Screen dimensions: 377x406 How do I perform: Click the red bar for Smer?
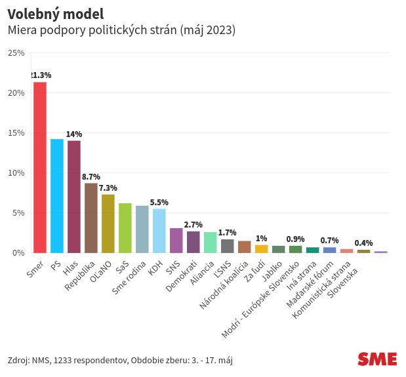click(40, 167)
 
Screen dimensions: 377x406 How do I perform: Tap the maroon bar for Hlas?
click(74, 197)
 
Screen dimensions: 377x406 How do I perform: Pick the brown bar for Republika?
click(91, 218)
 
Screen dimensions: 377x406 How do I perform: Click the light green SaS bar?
click(125, 228)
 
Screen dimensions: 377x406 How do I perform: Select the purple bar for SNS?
click(176, 240)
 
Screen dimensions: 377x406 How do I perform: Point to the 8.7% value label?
click(91, 177)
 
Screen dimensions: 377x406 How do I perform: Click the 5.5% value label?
click(159, 203)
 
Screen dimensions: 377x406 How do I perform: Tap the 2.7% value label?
click(193, 225)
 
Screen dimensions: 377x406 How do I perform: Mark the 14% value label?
click(74, 134)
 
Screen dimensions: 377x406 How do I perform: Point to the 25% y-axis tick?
click(16, 52)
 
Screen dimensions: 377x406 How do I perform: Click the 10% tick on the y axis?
click(16, 172)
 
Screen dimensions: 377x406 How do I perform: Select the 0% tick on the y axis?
click(18, 252)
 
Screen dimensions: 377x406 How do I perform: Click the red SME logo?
click(377, 359)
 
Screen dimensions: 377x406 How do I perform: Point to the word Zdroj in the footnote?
click(18, 361)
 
